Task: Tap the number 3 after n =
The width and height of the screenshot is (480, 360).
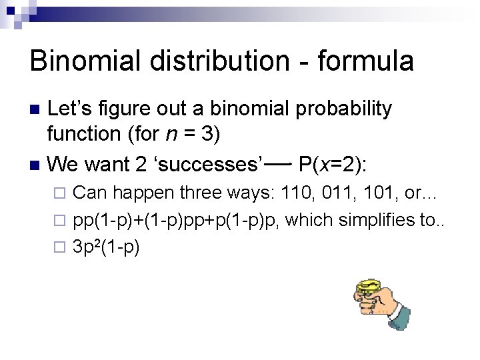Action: (210, 134)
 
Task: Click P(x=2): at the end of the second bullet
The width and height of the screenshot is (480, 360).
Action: (339, 163)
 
